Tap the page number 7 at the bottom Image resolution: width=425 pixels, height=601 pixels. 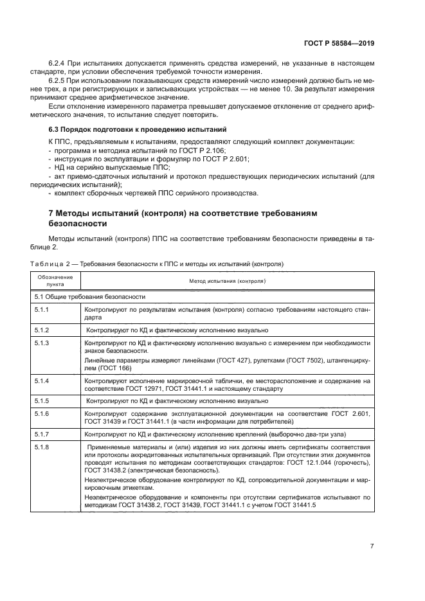coord(372,546)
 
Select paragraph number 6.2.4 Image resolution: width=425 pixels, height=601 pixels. coord(59,63)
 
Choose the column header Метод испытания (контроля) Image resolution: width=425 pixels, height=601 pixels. coord(227,281)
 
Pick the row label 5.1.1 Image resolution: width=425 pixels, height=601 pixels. coord(42,309)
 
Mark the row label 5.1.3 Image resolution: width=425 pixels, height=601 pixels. coord(42,343)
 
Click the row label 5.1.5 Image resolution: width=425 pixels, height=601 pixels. coord(42,400)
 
